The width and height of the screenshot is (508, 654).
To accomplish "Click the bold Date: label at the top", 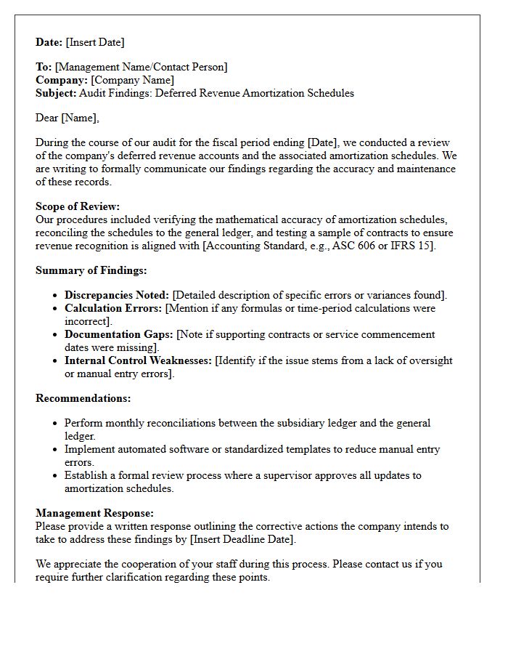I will (49, 42).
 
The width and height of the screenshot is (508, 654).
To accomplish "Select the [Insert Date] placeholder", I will (96, 42).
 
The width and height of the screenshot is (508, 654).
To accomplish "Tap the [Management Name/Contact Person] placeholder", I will (141, 67).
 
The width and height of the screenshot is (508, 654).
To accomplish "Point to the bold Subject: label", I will (56, 93).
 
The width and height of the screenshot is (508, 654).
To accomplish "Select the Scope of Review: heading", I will (78, 206).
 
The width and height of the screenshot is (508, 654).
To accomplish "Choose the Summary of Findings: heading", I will (91, 270).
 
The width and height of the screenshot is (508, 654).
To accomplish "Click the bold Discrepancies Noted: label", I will (116, 295).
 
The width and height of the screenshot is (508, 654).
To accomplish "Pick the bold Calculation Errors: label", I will (113, 308).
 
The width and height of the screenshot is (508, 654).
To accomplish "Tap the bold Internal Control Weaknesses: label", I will (138, 360).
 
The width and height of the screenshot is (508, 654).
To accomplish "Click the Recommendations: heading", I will (83, 398).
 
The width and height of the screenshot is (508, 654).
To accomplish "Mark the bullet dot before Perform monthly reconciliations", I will (56, 423).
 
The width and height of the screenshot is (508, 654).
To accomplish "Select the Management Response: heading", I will (94, 513).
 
